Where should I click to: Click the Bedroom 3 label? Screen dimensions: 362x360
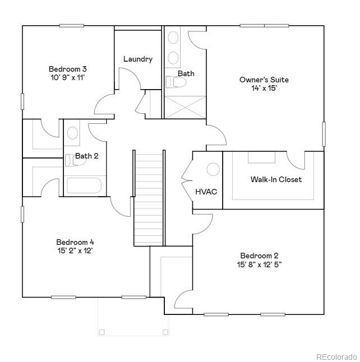pos(68,69)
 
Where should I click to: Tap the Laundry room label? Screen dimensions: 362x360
pos(137,59)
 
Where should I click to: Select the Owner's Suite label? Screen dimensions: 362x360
pos(264,80)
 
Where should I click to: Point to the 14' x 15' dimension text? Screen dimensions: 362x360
pos(264,88)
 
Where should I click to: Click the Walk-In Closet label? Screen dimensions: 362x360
pos(276,179)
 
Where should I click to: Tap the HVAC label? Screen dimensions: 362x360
pos(206,192)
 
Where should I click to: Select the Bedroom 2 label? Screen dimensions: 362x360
pos(259,256)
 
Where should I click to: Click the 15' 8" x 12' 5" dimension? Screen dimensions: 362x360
pos(259,264)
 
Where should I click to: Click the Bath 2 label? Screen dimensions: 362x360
pos(87,156)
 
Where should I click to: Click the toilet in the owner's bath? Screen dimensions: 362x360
pos(177,83)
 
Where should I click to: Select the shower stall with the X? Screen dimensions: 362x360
pos(184,107)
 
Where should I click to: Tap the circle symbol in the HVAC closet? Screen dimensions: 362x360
pos(213,169)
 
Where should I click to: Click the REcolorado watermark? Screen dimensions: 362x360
pos(336,356)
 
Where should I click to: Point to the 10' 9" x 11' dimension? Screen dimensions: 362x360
pos(68,78)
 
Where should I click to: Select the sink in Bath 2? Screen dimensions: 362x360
pos(73,133)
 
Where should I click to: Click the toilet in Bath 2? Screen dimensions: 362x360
pos(70,160)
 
